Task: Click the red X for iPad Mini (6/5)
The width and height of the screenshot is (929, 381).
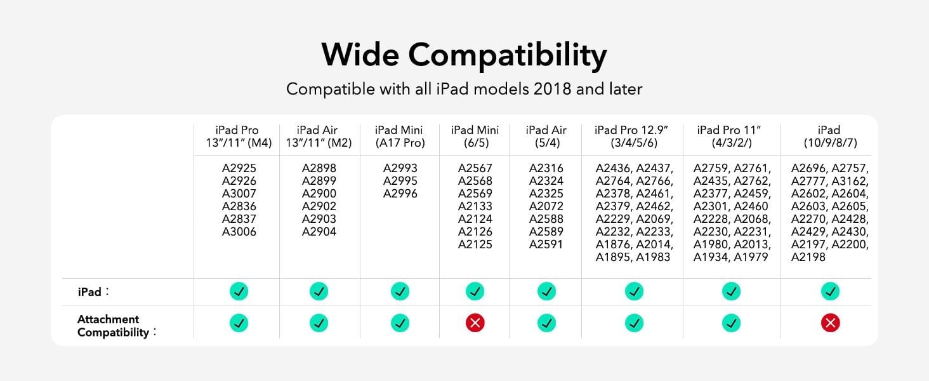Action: [x=475, y=323]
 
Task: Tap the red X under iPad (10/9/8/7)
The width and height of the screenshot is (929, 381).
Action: [x=830, y=323]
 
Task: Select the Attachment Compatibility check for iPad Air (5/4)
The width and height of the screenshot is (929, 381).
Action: [x=546, y=323]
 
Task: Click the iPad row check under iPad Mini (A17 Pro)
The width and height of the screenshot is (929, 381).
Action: [x=400, y=291]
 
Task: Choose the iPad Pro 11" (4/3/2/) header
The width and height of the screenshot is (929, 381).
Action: [x=731, y=136]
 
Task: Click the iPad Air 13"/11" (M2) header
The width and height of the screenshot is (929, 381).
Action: [x=319, y=136]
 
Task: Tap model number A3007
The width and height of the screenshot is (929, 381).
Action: [x=239, y=194]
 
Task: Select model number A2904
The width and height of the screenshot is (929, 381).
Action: [x=319, y=232]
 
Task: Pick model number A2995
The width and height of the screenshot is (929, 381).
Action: [x=400, y=181]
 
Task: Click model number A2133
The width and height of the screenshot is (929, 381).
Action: [x=475, y=206]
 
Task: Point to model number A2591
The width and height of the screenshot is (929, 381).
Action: [x=546, y=244]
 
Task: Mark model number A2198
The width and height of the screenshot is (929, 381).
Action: [x=808, y=257]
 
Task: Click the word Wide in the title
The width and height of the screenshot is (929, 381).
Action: [x=360, y=55]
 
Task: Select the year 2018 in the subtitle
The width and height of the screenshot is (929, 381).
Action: [x=553, y=89]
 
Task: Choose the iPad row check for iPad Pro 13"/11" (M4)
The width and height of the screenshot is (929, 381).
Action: [x=239, y=291]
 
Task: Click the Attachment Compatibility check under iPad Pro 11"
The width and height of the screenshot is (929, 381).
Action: [x=731, y=323]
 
